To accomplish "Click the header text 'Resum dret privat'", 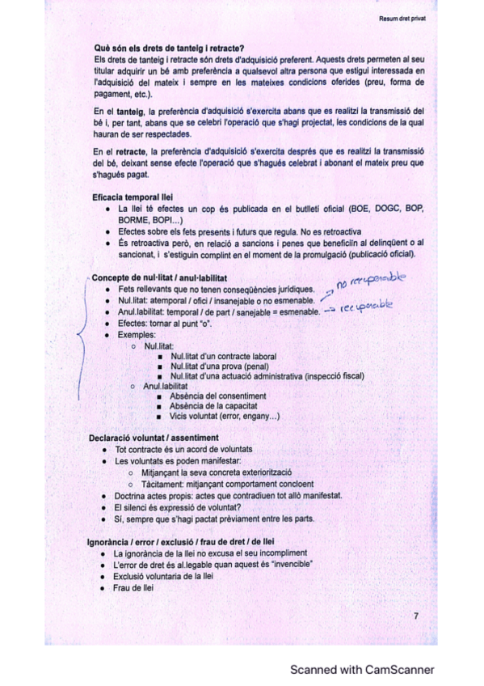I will [402, 16].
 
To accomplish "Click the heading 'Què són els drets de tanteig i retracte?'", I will [170, 48].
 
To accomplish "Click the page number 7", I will [415, 616].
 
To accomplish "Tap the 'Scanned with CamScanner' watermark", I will [362, 669].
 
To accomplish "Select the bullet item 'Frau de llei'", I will [134, 588].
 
